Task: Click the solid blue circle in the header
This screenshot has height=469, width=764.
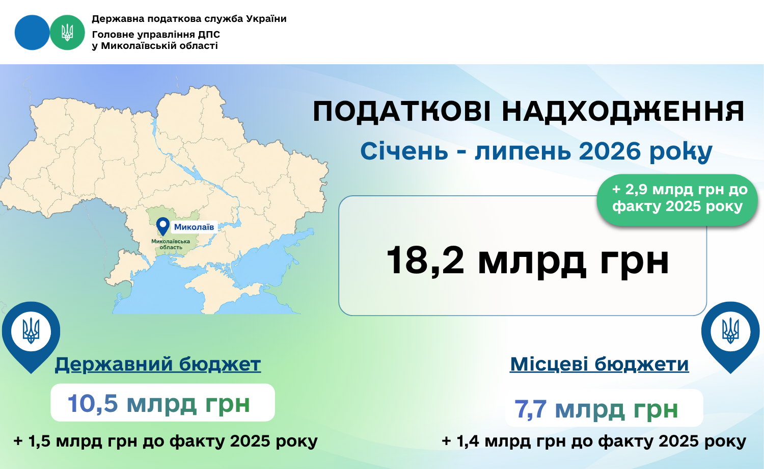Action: point(32,33)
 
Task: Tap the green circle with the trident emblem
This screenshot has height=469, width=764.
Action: point(67,33)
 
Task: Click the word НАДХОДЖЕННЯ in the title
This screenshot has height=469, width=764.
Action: point(623,112)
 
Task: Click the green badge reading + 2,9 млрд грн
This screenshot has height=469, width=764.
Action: point(677,200)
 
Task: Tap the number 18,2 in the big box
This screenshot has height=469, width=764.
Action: point(425,260)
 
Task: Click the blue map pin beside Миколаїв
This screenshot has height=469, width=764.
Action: point(163,226)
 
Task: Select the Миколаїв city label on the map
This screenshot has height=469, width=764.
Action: point(194,227)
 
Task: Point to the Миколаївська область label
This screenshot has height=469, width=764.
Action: point(171,244)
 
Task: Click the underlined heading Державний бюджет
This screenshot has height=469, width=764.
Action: point(158,364)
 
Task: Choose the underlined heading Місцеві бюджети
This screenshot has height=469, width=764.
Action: point(599,364)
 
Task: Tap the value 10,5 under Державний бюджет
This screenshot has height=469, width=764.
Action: point(93,403)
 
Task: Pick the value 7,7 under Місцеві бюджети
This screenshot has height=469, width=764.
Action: point(530,408)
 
